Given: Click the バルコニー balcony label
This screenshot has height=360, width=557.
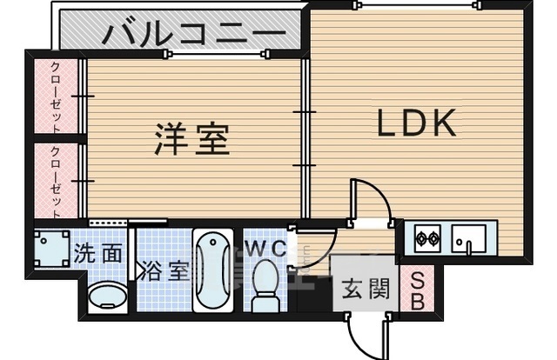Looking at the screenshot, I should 193,36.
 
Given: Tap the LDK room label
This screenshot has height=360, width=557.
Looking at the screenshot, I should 416,124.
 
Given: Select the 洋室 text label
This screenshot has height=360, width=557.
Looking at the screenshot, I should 192,139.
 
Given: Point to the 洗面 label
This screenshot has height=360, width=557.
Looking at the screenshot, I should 97,254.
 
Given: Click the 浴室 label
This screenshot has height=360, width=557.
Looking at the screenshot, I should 165,270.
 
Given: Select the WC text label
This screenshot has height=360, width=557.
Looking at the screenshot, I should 265,249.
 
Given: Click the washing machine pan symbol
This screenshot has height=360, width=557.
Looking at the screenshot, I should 51,247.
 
